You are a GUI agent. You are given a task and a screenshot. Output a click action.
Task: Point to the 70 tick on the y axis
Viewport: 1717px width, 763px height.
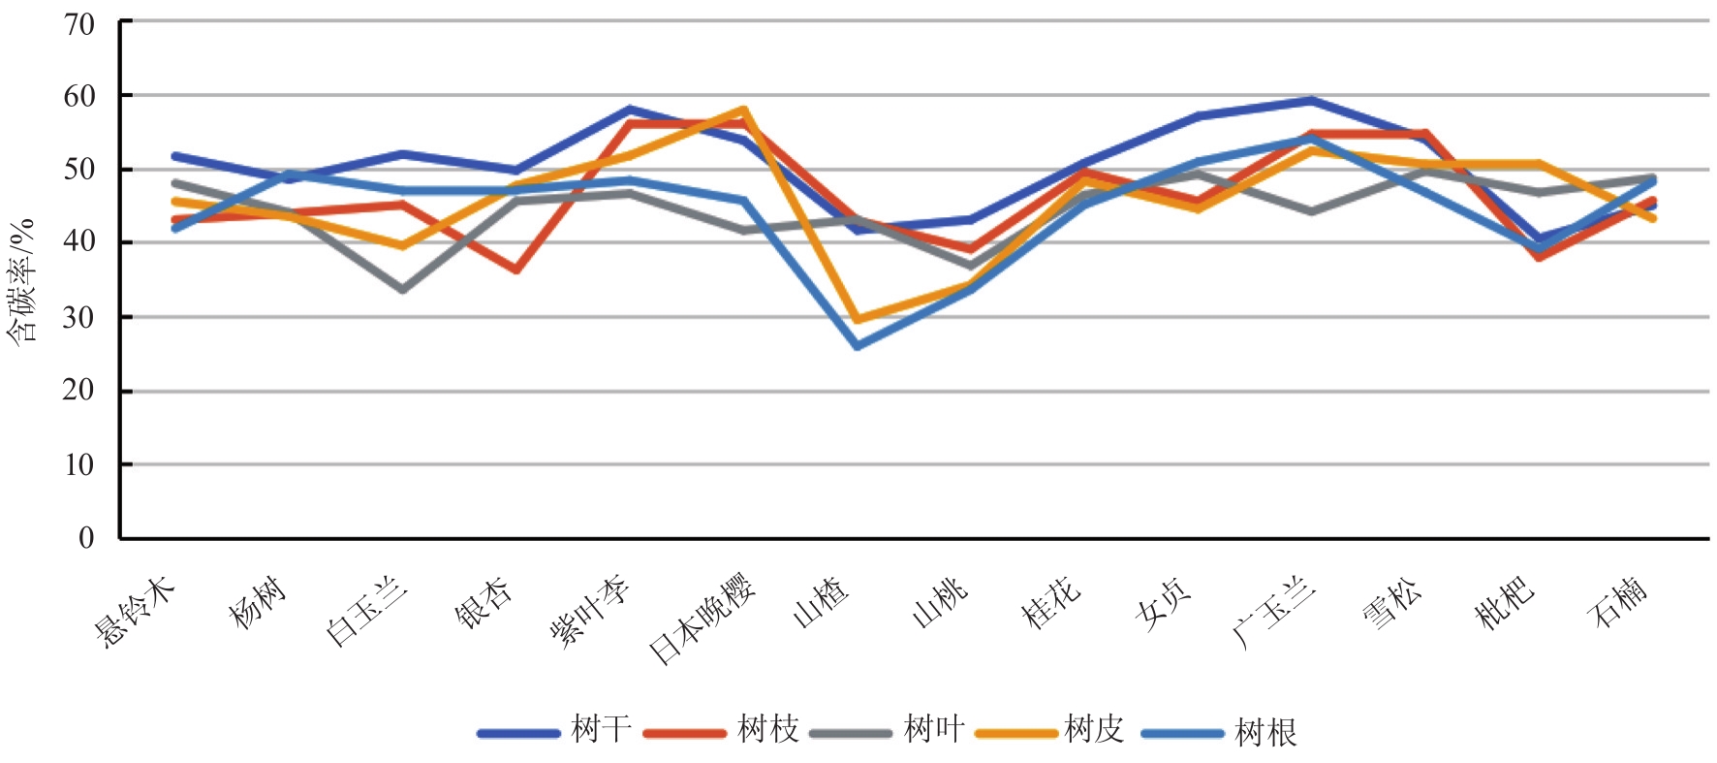point(80,23)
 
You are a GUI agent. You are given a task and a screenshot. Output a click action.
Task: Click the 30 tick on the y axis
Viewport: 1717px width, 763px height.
point(80,317)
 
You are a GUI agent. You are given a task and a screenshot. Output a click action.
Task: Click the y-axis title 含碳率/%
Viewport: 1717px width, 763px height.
point(21,281)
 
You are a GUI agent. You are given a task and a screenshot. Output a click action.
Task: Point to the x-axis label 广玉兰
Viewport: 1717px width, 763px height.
point(1274,611)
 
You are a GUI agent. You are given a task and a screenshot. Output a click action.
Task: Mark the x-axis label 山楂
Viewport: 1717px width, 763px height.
point(821,601)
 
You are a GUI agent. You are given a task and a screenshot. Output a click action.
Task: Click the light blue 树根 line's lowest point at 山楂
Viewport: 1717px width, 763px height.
point(858,346)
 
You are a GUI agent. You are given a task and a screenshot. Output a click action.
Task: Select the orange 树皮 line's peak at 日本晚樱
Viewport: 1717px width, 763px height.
point(743,110)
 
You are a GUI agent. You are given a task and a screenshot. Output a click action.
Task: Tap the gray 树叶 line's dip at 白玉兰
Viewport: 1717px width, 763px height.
point(402,290)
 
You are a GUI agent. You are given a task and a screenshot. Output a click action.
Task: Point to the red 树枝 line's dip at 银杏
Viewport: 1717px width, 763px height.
point(515,270)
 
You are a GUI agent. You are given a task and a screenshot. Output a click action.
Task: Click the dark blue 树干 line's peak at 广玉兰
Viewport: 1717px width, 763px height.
point(1311,100)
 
